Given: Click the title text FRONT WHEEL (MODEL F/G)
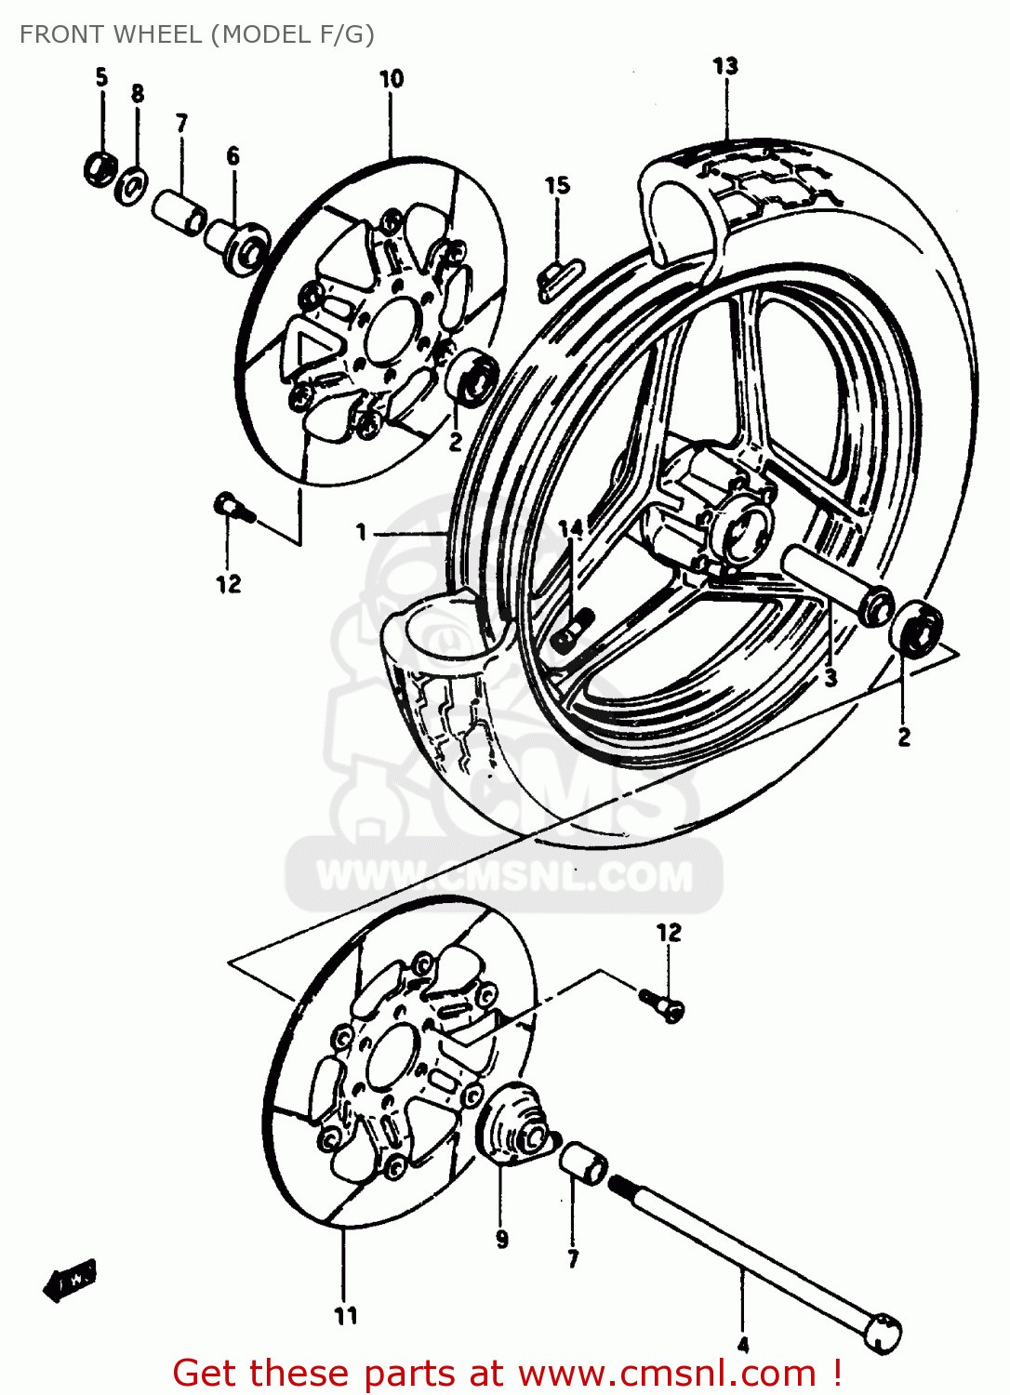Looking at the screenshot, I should pos(196,34).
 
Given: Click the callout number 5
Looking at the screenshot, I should pos(101,77).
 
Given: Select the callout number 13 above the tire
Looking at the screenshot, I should pos(725,66).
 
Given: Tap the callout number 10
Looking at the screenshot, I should pos(392,79).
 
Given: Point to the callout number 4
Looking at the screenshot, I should pos(742,1345).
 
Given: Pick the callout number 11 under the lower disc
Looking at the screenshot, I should pos(345,1316).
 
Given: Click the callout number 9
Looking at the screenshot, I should pos(502,1240).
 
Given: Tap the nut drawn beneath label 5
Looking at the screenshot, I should pos(100,168).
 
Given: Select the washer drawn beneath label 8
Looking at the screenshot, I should pos(131,184).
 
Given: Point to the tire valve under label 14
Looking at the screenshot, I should pos(572,630).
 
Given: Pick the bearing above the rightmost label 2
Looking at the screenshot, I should pos(915,627).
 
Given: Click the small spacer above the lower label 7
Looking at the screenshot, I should pos(583,1163).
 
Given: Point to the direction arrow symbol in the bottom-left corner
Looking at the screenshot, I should pos(70,1282).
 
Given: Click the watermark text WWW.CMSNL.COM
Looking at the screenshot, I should pos(505,876).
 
